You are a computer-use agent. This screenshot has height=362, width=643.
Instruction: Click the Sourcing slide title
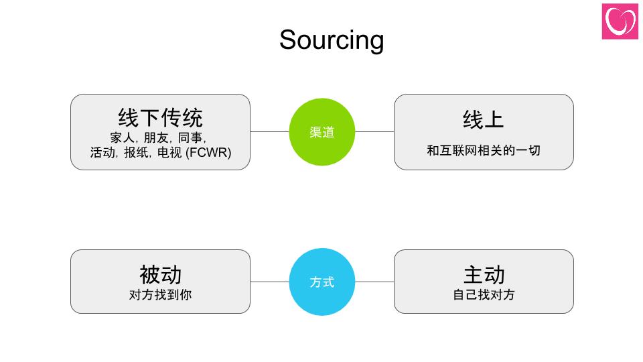click(332, 40)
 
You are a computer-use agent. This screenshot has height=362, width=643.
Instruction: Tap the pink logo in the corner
click(620, 21)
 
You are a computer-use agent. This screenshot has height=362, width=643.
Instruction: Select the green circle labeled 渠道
click(321, 132)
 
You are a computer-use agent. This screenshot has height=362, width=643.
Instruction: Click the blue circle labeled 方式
click(321, 282)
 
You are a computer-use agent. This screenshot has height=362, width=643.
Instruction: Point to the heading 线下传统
click(160, 118)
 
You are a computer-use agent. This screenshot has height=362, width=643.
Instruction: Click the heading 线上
click(483, 119)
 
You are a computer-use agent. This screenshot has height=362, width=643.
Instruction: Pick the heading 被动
click(160, 274)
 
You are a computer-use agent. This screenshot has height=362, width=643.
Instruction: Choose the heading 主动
click(484, 274)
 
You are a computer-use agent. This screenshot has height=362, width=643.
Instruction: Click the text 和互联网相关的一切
click(484, 150)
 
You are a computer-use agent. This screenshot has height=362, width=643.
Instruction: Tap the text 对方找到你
click(160, 294)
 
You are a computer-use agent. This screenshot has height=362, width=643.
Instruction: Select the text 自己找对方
click(484, 294)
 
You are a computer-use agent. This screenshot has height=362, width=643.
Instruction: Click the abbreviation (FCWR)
click(208, 153)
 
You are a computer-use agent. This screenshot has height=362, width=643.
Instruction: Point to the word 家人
click(122, 137)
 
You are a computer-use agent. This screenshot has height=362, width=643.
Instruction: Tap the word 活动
click(103, 153)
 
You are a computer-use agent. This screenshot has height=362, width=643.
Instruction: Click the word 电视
click(169, 153)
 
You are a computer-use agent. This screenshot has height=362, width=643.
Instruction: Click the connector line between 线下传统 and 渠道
click(269, 132)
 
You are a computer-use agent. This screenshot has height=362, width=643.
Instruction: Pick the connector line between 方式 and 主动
click(374, 282)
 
